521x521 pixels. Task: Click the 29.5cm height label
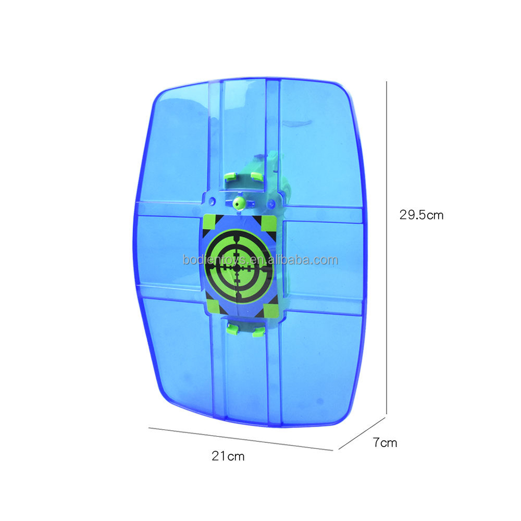421,215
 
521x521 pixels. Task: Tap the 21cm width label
228,456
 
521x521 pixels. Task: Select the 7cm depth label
385,442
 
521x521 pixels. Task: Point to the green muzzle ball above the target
239,202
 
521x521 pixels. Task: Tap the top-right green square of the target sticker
269,224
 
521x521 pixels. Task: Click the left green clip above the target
230,176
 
